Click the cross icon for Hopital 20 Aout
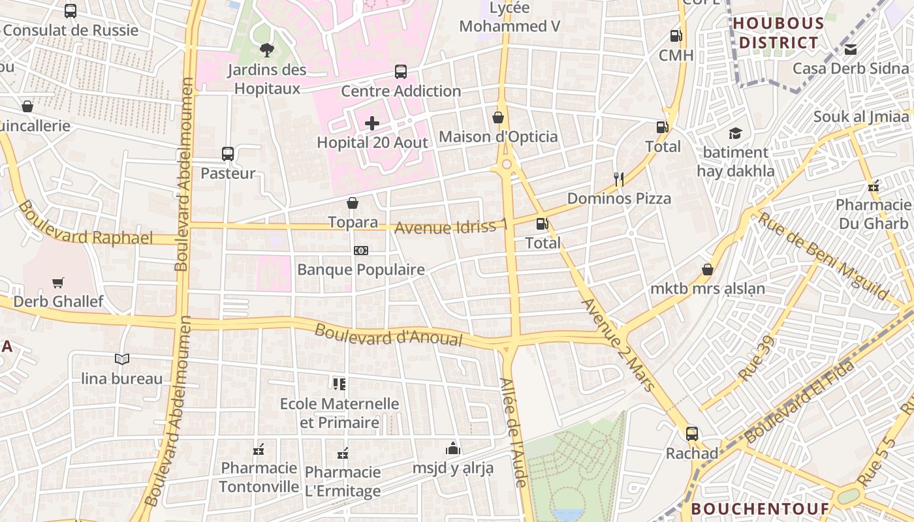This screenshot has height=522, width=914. (372, 123)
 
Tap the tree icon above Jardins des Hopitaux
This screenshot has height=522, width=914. (266, 50)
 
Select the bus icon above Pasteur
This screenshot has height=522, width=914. (227, 154)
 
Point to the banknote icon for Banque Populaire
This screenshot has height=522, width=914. (361, 251)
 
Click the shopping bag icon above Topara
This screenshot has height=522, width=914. (353, 203)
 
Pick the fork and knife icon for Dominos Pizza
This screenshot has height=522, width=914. (619, 179)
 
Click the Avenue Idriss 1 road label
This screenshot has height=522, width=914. (451, 227)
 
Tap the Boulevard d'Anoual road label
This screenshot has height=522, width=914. (388, 335)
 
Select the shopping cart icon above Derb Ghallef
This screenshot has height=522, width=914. (58, 283)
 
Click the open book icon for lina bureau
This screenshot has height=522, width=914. (122, 359)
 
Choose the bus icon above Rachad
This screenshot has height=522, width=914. (691, 433)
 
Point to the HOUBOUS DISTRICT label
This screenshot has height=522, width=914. (778, 33)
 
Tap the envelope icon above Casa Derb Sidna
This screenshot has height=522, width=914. (851, 50)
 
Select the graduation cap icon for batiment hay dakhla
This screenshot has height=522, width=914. (735, 134)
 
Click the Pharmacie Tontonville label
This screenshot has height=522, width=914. (259, 477)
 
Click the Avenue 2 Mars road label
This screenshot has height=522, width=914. (617, 345)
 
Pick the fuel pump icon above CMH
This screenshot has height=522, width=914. (676, 36)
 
